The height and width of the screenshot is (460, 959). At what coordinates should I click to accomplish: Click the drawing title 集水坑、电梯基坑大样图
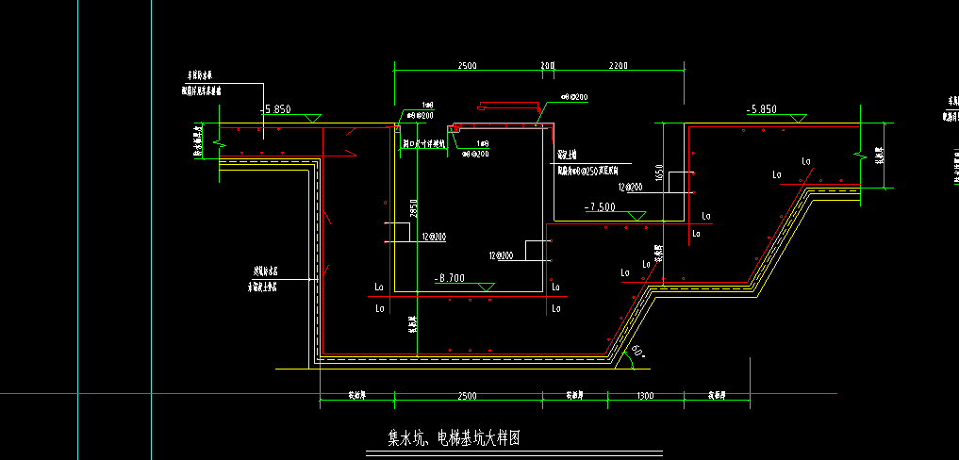point(455,438)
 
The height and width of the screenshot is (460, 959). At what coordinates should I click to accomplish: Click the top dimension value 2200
point(619,66)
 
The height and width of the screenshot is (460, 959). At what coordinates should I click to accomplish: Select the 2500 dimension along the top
point(468,66)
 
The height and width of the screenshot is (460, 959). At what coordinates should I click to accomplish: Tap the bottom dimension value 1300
point(645,396)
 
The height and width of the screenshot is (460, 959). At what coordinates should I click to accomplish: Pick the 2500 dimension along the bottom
point(468,396)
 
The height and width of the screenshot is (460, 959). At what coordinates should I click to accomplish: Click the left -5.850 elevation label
point(277,109)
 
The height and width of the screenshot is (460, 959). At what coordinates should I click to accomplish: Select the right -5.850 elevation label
point(761,109)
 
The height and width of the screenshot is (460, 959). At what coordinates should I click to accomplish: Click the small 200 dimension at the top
point(547,66)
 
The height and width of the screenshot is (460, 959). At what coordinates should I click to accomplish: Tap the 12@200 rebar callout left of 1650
point(630,187)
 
